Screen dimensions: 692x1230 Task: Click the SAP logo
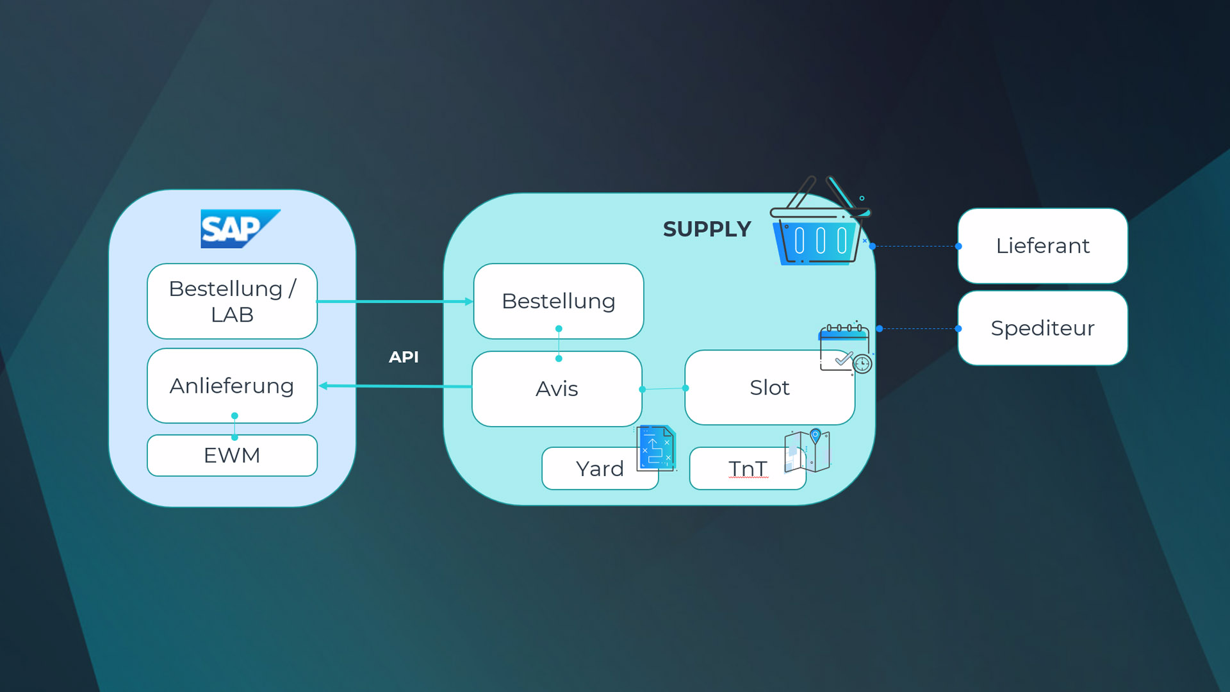240,229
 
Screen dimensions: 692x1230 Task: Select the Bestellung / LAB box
232,301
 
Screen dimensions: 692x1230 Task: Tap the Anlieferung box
232,386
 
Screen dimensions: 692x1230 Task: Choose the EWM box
232,456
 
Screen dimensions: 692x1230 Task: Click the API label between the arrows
404,357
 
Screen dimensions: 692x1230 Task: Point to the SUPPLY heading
707,229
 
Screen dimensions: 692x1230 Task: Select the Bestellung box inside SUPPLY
558,301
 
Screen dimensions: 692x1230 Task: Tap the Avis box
557,389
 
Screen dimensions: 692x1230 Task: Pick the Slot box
769,388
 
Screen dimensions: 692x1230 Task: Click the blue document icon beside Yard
656,449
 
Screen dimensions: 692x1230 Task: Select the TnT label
748,469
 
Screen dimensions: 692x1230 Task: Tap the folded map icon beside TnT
807,451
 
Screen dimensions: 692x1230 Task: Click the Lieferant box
1042,246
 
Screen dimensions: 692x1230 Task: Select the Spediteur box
1042,328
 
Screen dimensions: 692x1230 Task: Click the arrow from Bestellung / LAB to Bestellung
395,301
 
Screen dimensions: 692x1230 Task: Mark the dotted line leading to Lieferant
915,246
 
